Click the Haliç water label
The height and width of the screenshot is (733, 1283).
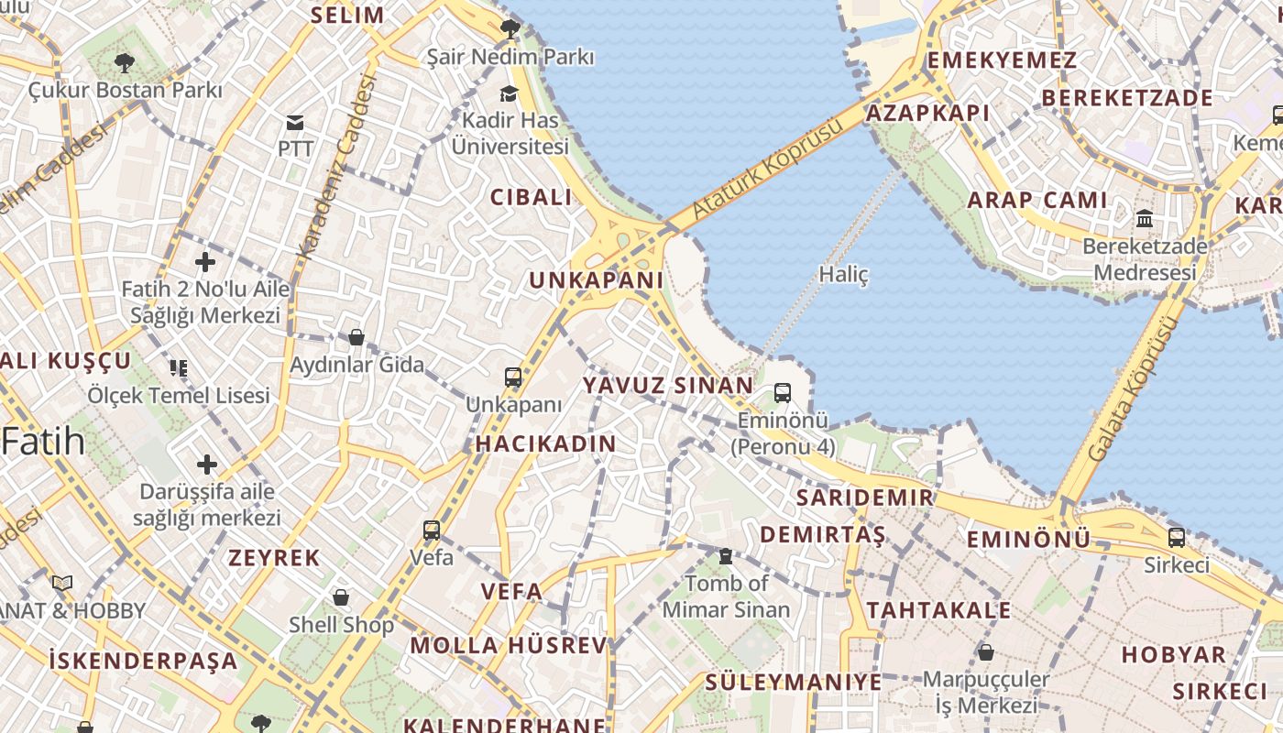click(x=843, y=274)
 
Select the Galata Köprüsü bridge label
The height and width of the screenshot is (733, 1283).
click(x=1130, y=389)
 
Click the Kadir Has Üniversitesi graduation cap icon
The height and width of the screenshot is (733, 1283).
click(x=509, y=93)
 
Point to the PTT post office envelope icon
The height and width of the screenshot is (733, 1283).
click(x=295, y=123)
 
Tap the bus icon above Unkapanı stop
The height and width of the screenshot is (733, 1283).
click(x=513, y=377)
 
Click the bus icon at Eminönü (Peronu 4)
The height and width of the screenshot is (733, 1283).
click(x=783, y=393)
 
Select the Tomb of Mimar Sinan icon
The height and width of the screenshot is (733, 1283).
click(x=726, y=556)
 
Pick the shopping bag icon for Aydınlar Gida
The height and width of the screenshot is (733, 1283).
click(x=356, y=338)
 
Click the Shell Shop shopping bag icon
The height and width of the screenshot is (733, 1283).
click(x=341, y=598)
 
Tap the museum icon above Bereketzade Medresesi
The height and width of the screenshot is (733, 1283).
click(x=1145, y=219)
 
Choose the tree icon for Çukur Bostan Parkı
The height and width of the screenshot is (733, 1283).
click(x=125, y=63)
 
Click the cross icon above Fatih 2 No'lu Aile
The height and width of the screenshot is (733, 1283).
click(x=205, y=263)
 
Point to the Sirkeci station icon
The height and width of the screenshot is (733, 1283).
click(x=1176, y=538)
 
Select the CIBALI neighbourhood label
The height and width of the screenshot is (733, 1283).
click(x=531, y=197)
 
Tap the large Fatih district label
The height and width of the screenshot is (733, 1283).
click(x=44, y=443)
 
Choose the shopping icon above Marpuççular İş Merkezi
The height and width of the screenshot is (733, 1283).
click(x=986, y=652)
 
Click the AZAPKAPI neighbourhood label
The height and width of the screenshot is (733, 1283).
click(x=927, y=113)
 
